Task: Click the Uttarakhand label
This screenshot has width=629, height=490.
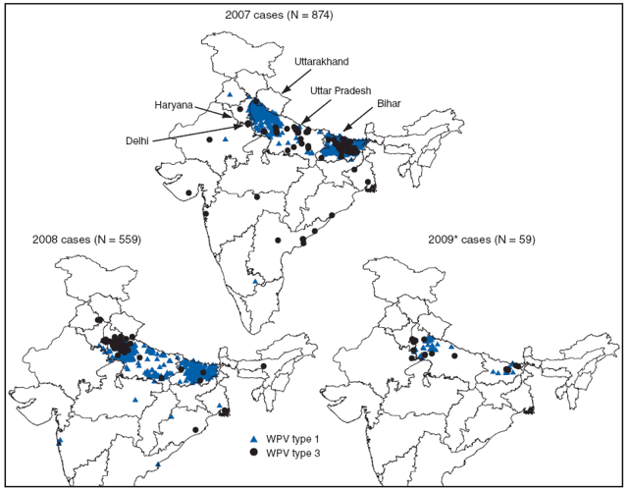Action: [323, 62]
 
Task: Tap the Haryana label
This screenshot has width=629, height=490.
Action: [176, 105]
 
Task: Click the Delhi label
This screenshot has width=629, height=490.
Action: [137, 140]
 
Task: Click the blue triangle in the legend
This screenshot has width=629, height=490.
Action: [253, 439]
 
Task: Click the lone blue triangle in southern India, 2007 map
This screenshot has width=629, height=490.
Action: [256, 282]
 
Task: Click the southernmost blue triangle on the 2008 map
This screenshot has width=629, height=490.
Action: [158, 464]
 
